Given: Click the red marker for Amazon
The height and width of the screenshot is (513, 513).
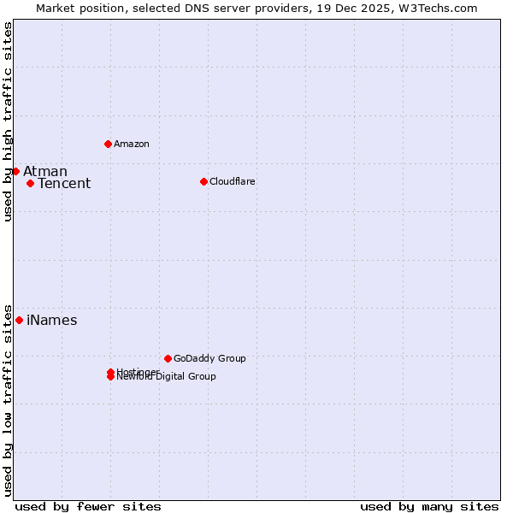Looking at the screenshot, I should [x=108, y=144].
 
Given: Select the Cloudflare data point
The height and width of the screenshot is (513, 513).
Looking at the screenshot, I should [x=203, y=181].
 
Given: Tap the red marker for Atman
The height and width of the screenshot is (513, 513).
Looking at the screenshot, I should [x=15, y=171].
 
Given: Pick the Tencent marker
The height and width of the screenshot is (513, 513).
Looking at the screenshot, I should [x=30, y=183].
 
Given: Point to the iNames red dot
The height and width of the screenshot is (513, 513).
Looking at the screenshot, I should [x=19, y=320].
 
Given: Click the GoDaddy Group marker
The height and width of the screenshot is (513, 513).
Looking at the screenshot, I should [x=168, y=358].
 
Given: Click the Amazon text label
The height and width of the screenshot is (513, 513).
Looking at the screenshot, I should [x=132, y=144].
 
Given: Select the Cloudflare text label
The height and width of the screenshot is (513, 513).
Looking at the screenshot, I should [x=233, y=181].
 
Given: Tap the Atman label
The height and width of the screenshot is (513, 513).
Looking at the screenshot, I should [x=45, y=172].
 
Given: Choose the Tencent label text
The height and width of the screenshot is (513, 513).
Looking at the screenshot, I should [x=64, y=184].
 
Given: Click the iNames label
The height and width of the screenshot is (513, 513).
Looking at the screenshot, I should [x=52, y=321].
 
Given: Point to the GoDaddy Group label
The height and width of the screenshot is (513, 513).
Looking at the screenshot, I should [x=209, y=358].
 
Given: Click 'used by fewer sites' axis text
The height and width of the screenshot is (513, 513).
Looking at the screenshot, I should [x=88, y=506].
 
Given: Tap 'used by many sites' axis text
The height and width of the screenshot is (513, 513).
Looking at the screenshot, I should [x=429, y=506].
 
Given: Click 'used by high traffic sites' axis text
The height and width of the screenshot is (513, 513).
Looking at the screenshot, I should [x=9, y=121].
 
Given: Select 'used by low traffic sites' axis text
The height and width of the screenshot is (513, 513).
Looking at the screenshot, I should [x=9, y=399].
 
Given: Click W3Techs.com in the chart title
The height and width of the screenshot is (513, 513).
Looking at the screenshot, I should [x=436, y=8].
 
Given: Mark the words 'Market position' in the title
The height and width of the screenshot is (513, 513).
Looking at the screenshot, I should [x=75, y=8].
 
